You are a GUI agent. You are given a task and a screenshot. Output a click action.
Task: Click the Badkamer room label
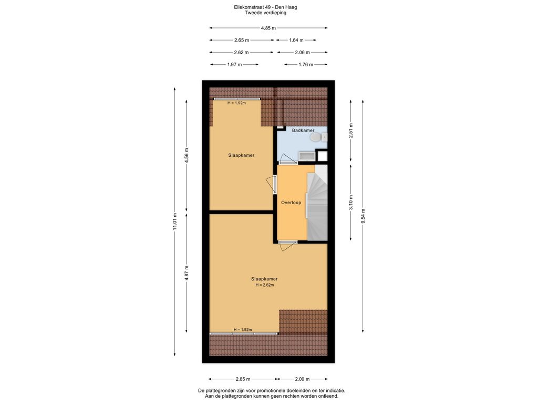(303, 130)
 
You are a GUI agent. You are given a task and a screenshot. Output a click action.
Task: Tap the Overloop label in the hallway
(291, 202)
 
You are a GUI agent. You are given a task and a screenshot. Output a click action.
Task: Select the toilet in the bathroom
(316, 137)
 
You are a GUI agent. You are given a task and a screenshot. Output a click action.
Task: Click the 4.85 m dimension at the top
(269, 28)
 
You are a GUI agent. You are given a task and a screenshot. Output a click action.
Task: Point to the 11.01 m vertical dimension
(175, 221)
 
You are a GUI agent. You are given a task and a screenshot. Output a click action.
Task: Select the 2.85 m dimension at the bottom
(242, 379)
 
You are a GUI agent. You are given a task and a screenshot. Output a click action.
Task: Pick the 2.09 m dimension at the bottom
(302, 379)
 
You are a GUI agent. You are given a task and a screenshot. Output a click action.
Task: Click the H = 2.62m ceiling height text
(265, 285)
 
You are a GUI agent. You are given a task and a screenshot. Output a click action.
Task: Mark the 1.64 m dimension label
(295, 40)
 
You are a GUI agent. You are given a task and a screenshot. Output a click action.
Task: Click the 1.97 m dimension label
(234, 65)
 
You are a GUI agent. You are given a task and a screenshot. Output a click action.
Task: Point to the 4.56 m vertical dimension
(187, 156)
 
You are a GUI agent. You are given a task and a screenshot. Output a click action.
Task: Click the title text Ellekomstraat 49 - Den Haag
(269, 7)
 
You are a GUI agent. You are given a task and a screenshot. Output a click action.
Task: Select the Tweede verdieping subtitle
(269, 13)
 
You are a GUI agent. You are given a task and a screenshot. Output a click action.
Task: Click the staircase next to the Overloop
(317, 203)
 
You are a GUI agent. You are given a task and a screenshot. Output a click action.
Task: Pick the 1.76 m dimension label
(306, 65)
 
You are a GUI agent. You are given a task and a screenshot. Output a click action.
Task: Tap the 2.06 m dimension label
(302, 53)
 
